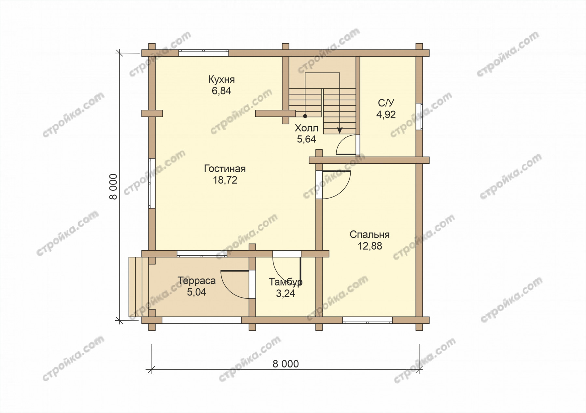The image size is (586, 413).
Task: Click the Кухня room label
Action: (x=221, y=80)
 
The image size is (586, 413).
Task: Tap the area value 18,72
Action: (x=225, y=180)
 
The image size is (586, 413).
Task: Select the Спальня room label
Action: (x=370, y=235)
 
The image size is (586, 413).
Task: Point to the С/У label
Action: (x=386, y=103)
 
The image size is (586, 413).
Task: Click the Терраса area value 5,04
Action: (x=196, y=292)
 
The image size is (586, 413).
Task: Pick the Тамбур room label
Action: (x=286, y=282)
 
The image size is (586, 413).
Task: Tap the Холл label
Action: (x=306, y=128)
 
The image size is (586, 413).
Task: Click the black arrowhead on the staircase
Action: (x=340, y=130)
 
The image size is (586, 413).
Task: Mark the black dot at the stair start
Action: (x=305, y=116)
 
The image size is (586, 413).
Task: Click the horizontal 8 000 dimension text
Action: (x=286, y=364)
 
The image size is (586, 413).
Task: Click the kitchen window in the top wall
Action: (x=203, y=53)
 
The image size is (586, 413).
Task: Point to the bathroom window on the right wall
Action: (x=419, y=117)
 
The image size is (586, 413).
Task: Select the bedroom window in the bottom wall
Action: (x=367, y=320)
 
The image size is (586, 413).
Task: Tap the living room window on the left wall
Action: (x=152, y=183)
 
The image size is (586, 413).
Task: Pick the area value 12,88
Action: (x=370, y=246)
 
